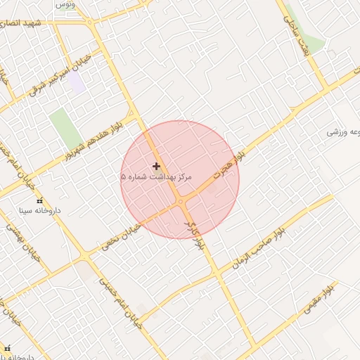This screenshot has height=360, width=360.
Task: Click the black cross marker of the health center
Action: click(156, 166)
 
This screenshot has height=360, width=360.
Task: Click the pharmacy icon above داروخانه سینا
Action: click(39, 200)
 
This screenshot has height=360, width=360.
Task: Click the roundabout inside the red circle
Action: click(181, 202)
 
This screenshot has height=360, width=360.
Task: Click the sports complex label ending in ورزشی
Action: click(345, 131)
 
